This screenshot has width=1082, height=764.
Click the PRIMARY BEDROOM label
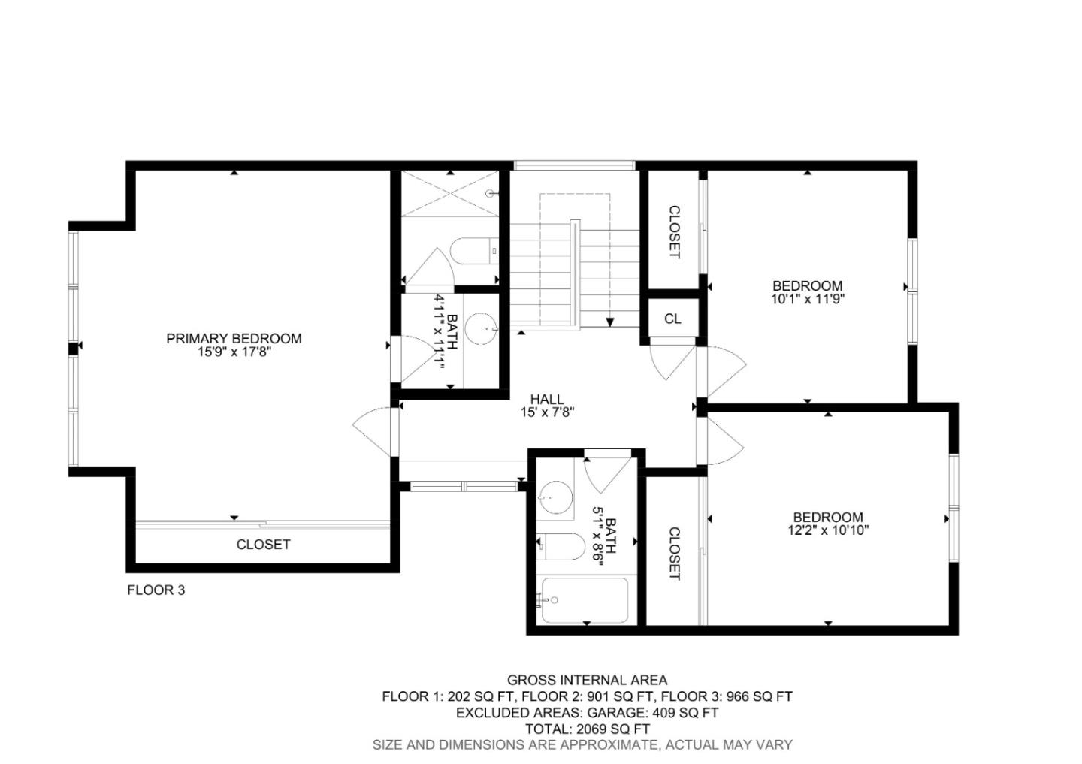click(x=234, y=339)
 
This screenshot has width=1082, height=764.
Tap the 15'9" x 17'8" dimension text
click(x=234, y=352)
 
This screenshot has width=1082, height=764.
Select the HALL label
click(x=546, y=399)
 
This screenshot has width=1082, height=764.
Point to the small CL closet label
click(x=672, y=319)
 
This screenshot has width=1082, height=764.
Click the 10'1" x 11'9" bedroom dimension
click(x=807, y=299)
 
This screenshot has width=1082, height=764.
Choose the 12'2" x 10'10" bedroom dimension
click(x=828, y=530)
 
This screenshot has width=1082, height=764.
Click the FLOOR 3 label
click(x=156, y=590)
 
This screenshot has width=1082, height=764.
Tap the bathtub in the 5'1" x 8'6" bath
click(x=584, y=600)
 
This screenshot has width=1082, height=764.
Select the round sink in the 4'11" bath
click(x=481, y=329)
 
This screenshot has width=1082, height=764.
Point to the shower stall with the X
click(x=449, y=194)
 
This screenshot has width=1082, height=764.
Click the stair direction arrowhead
click(x=610, y=322)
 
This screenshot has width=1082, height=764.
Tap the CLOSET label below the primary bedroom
click(x=263, y=545)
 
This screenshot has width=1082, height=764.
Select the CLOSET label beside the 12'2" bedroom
click(x=674, y=554)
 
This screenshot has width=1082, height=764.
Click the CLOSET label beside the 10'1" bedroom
click(x=674, y=232)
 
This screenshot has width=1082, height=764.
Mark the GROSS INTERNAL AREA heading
click(x=587, y=681)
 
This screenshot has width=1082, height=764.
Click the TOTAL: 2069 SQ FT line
click(x=587, y=729)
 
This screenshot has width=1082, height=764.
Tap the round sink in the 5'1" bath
click(x=555, y=496)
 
